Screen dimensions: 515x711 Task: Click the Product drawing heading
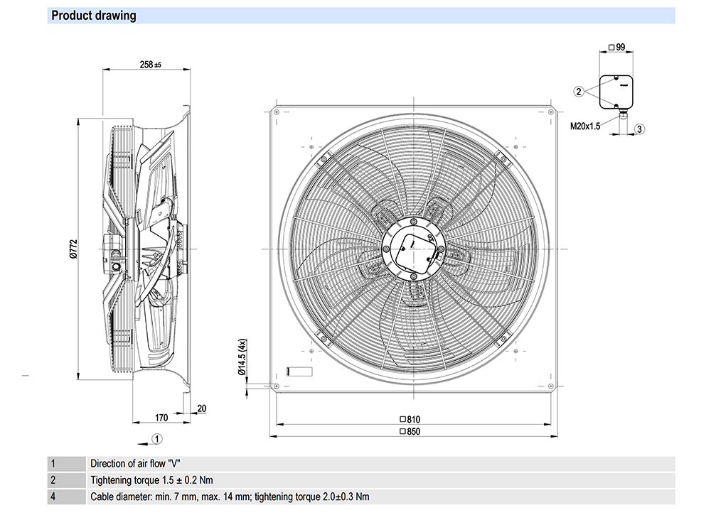[x=94, y=16]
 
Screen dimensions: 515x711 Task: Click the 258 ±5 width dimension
[x=150, y=65]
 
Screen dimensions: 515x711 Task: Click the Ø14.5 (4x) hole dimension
[x=242, y=357]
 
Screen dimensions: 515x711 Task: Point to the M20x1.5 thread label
[x=585, y=126]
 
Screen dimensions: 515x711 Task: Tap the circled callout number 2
[x=579, y=91]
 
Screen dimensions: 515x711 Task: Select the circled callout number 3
[x=639, y=129]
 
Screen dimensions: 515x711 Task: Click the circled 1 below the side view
[x=158, y=438]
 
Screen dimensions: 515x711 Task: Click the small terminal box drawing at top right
[x=616, y=91]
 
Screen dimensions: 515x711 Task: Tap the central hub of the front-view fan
[x=411, y=249]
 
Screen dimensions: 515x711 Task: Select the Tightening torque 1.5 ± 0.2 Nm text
[x=151, y=480]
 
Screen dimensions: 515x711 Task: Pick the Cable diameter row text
[x=230, y=497]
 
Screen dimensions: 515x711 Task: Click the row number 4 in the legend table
[x=53, y=497]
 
